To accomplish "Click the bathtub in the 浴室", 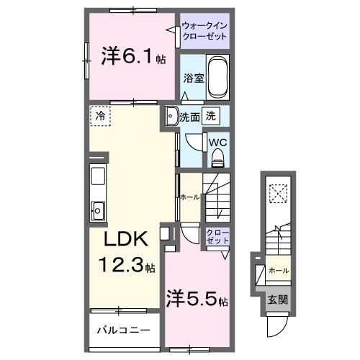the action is tap(217, 77).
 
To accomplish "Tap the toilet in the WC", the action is tap(217, 157).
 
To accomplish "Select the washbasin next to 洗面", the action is tap(171, 116).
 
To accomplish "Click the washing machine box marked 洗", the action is tap(211, 116).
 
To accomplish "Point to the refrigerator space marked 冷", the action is tap(101, 116).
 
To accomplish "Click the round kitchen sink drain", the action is tap(97, 211).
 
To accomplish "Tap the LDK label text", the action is tap(126, 239).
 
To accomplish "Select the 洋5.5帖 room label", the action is tap(197, 299).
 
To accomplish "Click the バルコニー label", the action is tap(123, 330).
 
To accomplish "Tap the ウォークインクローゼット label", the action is tap(204, 31).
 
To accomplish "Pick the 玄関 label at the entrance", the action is tap(278, 300).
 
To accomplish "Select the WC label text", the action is tap(217, 143).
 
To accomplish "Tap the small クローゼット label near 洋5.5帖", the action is tap(217, 236).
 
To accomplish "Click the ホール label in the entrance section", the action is tap(279, 271).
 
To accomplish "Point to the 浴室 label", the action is tap(194, 78).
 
